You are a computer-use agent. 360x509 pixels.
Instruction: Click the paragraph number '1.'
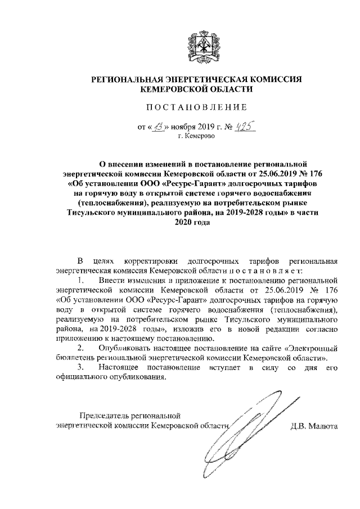[x=82, y=280]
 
